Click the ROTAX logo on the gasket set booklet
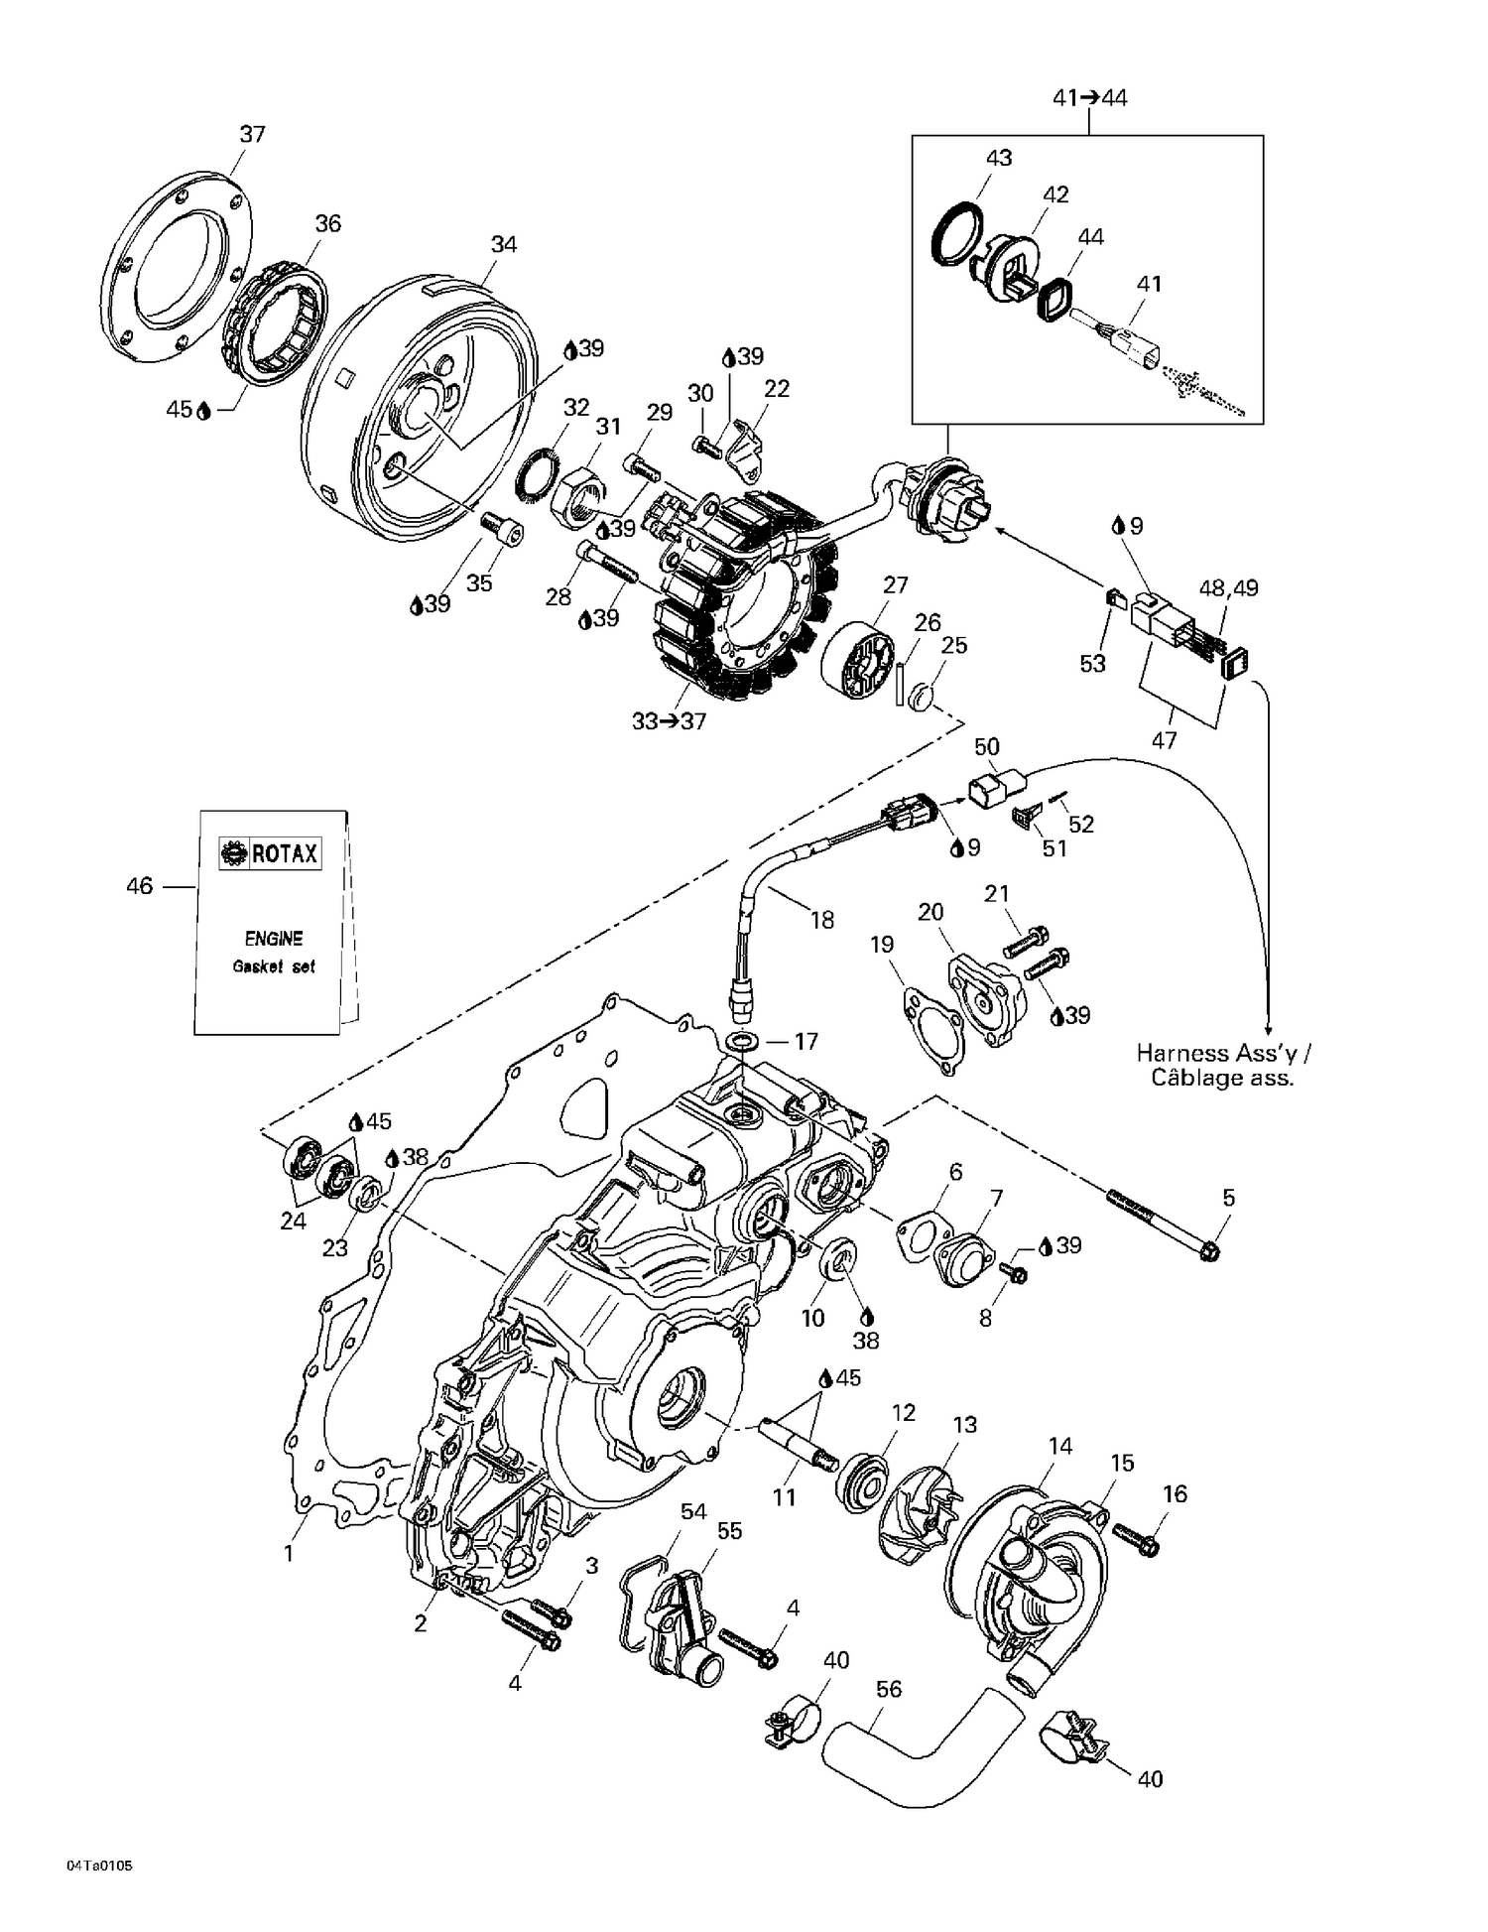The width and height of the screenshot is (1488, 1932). tap(271, 852)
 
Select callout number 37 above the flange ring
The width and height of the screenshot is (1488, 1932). tap(252, 134)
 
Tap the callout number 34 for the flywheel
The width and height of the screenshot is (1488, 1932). tap(504, 244)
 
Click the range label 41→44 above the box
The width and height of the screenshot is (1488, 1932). tap(1089, 97)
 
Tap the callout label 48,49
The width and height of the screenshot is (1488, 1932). tap(1228, 588)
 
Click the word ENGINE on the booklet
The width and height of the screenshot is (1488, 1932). tap(273, 938)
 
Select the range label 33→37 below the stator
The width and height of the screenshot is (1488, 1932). tap(669, 721)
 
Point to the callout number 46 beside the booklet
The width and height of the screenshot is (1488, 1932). tap(139, 885)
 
